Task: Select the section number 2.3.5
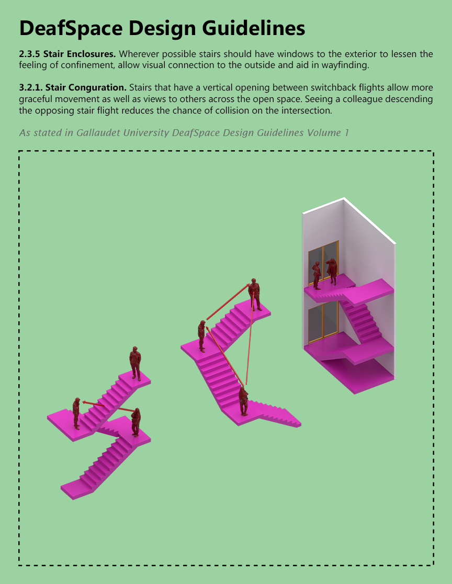(x=29, y=54)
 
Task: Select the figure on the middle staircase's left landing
(x=201, y=335)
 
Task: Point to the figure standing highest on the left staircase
(x=135, y=363)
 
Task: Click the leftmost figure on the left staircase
(x=76, y=413)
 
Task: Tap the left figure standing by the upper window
(x=317, y=275)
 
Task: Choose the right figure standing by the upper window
(x=332, y=271)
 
